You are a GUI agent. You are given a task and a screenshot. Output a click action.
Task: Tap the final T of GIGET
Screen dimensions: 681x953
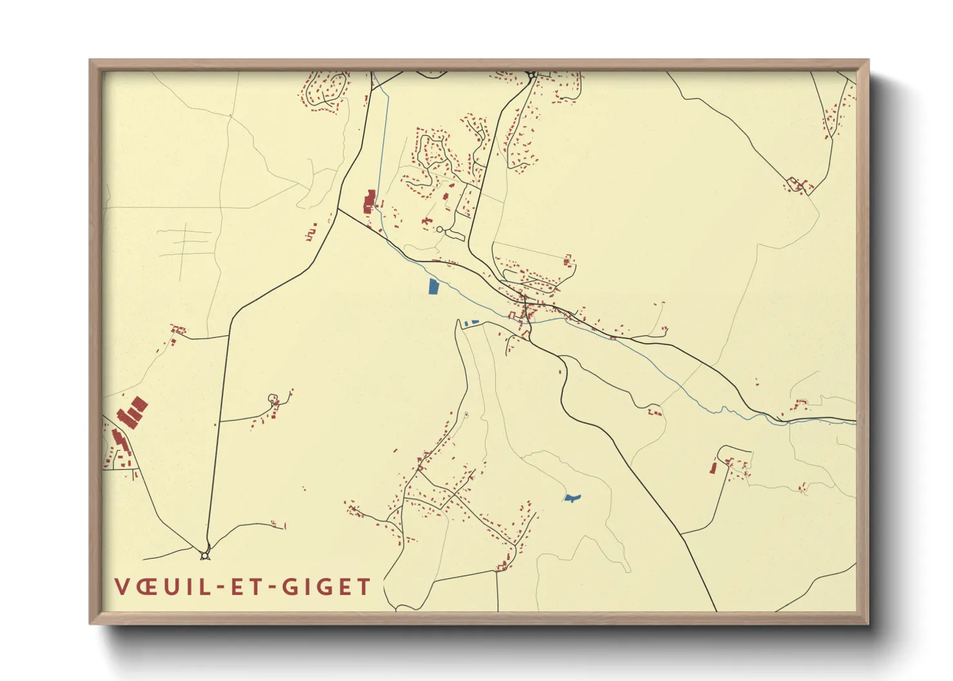click(x=364, y=586)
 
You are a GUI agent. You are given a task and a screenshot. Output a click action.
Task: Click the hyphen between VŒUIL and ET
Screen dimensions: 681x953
click(x=219, y=587)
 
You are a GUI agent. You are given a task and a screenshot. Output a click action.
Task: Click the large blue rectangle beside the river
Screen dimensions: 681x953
click(x=433, y=286)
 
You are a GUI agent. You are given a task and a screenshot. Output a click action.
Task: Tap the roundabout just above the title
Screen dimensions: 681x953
click(x=205, y=554)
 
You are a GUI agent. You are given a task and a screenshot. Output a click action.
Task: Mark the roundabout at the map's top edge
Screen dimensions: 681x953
click(x=532, y=75)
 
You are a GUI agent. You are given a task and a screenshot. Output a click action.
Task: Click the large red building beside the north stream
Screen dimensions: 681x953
click(x=369, y=201)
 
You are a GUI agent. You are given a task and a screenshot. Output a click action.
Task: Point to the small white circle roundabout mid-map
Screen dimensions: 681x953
click(x=440, y=229)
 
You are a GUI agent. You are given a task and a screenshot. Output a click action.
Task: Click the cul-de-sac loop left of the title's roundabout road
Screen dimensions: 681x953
click(x=272, y=397)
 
